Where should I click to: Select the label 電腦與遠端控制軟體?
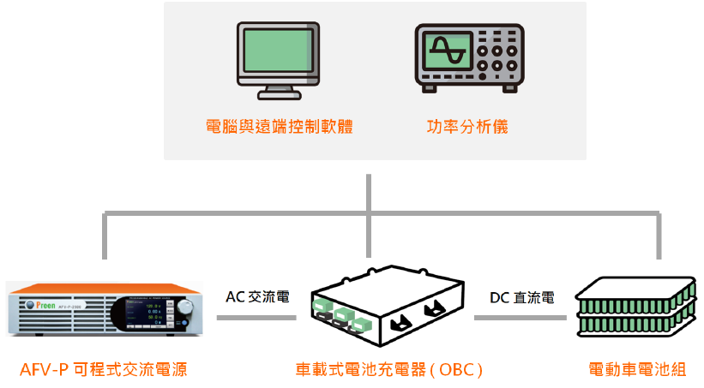(x=280, y=127)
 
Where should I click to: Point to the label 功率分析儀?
(x=467, y=127)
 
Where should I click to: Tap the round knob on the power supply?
(x=185, y=307)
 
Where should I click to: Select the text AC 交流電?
(x=257, y=297)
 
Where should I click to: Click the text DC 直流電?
(x=521, y=297)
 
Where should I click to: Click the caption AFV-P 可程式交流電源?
(x=103, y=370)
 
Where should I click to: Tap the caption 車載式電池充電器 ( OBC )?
(x=389, y=370)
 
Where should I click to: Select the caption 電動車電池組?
(x=637, y=370)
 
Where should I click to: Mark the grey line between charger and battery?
(x=522, y=318)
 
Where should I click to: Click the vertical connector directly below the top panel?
(x=369, y=193)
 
